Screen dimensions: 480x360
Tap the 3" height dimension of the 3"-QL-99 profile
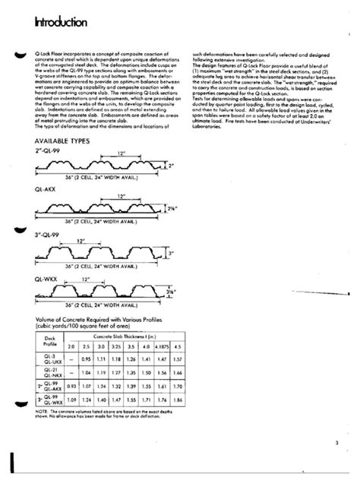[172, 254]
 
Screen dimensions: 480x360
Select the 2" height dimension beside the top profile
[172, 165]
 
